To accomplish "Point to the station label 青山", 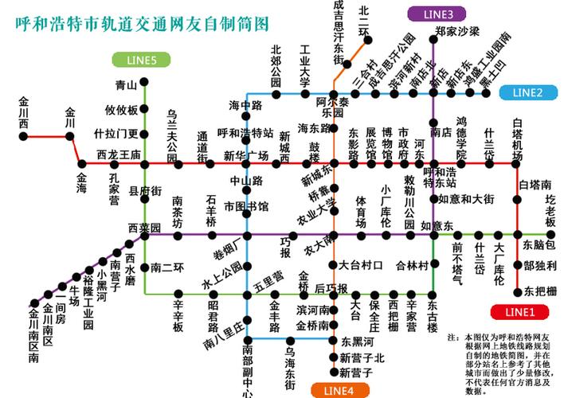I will [x=126, y=84].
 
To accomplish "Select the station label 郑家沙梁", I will [x=457, y=31].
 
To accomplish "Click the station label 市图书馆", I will [x=245, y=206].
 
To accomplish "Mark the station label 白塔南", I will [x=535, y=185].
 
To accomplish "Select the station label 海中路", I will [x=245, y=105].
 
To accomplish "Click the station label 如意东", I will [x=437, y=226].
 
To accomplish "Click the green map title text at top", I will [x=142, y=22].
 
